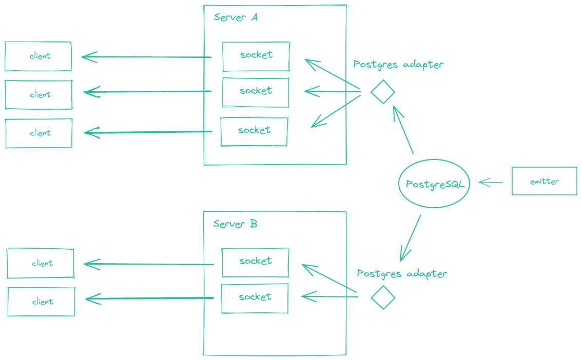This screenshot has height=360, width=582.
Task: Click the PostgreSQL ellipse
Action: point(434,183)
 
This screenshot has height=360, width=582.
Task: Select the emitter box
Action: point(544,181)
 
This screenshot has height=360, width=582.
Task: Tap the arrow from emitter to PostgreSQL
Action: point(491,182)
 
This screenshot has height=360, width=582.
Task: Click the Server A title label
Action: point(236,17)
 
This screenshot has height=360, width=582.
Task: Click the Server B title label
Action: point(235,224)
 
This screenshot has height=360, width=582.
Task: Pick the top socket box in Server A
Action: point(256,56)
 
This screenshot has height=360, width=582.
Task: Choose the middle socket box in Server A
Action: point(255,92)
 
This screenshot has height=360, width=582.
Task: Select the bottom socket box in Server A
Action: point(254,131)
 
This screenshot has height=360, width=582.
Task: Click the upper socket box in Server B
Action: point(255,262)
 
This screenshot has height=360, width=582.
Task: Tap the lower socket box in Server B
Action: point(255,298)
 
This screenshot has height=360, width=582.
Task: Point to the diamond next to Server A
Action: point(383,92)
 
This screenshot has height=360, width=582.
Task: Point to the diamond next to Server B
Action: point(383,297)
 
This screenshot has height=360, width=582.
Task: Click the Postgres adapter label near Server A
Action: point(398,65)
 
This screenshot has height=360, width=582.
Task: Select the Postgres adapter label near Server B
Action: point(402,273)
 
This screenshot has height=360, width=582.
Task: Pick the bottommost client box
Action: point(42,302)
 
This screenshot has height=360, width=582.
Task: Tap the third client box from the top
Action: point(39,133)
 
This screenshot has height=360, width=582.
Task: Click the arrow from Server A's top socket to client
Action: point(147,57)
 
